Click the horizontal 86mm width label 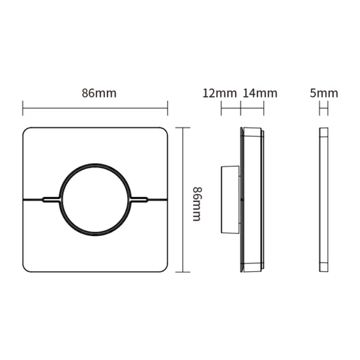(x=99, y=93)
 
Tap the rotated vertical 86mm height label (x=197, y=204)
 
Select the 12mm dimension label (x=219, y=93)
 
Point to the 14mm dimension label (x=260, y=93)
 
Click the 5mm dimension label (x=324, y=93)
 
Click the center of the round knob (x=95, y=200)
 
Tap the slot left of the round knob (x=51, y=200)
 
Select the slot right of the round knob (x=139, y=200)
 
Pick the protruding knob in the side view (x=230, y=200)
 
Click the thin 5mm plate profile (x=324, y=200)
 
